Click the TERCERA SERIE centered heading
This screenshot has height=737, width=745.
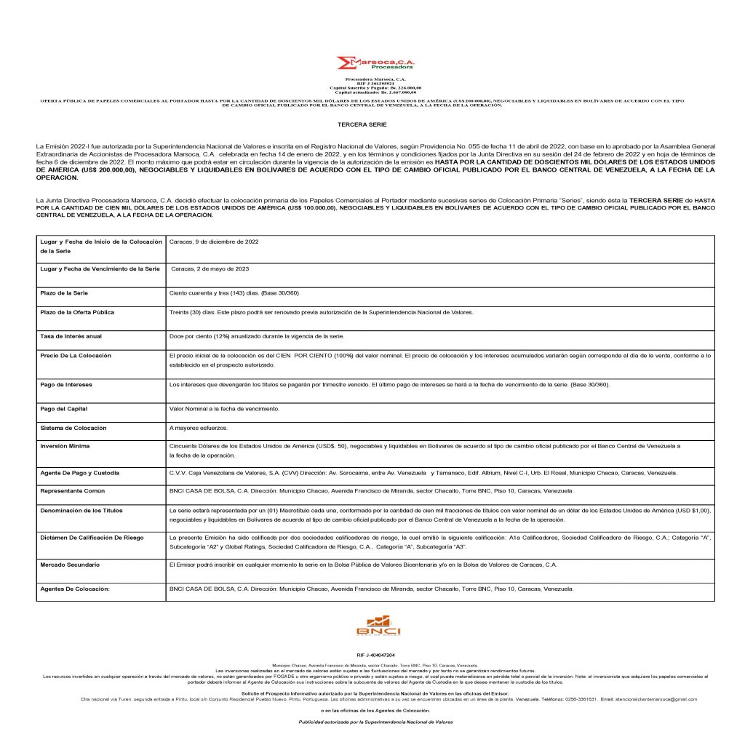coord(372,125)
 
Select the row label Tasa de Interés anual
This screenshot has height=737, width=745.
coord(71,336)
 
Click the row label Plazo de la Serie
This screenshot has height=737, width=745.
coord(63,292)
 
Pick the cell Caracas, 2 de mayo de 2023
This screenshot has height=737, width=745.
coord(210,268)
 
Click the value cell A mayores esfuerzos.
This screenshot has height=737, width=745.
coord(196,429)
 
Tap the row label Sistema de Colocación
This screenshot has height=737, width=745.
coord(73,428)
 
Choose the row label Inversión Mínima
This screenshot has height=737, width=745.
coord(65,445)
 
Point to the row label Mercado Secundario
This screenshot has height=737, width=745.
coord(71,565)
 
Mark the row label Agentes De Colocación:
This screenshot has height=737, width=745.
coord(74,589)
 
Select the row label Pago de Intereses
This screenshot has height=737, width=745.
coord(66,383)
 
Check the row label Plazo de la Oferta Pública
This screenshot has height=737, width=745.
coord(77,312)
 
